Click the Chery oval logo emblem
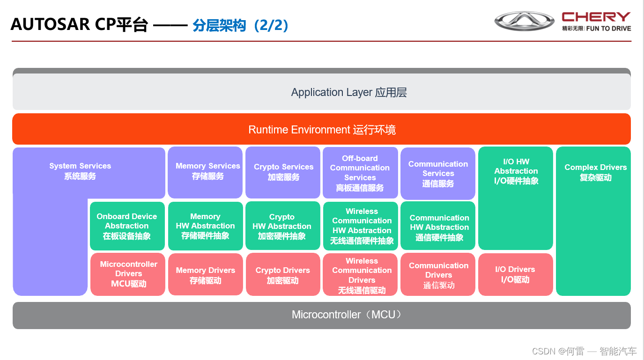pyautogui.click(x=525, y=22)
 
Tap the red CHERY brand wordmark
pyautogui.click(x=596, y=17)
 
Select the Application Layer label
pyautogui.click(x=349, y=92)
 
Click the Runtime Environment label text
pyautogui.click(x=322, y=130)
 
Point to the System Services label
pyautogui.click(x=80, y=171)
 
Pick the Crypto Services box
pyautogui.click(x=283, y=172)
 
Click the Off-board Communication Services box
pyautogui.click(x=360, y=173)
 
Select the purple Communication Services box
pyautogui.click(x=438, y=173)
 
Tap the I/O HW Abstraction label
pyautogui.click(x=516, y=171)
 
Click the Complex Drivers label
pyautogui.click(x=595, y=172)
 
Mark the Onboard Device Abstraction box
pyautogui.click(x=127, y=226)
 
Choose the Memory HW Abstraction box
pyautogui.click(x=205, y=226)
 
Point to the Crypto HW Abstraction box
pyautogui.click(x=282, y=226)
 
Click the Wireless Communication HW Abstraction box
pyautogui.click(x=361, y=226)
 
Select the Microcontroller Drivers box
pyautogui.click(x=128, y=274)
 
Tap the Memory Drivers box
pyautogui.click(x=205, y=275)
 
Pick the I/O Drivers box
pyautogui.click(x=515, y=274)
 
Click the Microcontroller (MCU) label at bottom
pyautogui.click(x=347, y=315)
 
